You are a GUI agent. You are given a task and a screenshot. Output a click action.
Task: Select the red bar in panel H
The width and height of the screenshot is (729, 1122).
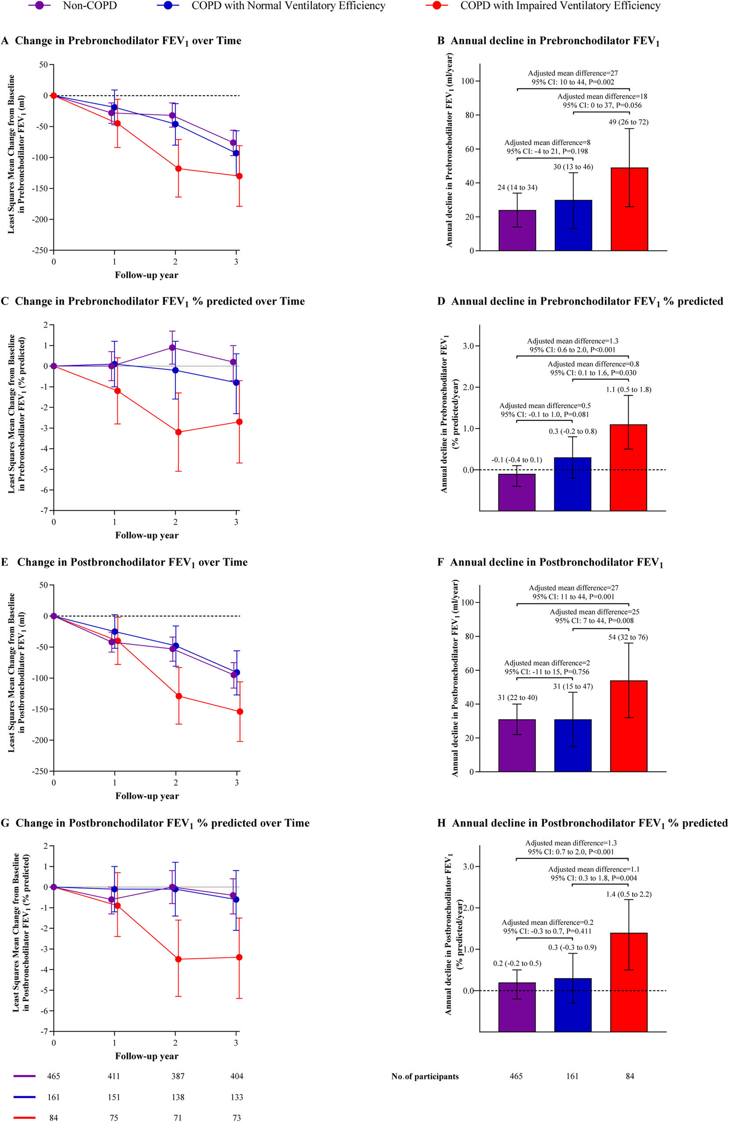pyautogui.click(x=629, y=976)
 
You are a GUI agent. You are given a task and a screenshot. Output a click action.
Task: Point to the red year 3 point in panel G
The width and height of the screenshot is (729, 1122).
pyautogui.click(x=239, y=957)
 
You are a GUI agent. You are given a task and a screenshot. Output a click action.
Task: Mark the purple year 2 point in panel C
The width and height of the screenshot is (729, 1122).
pyautogui.click(x=172, y=348)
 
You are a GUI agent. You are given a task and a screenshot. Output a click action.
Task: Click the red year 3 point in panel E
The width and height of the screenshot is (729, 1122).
pyautogui.click(x=239, y=711)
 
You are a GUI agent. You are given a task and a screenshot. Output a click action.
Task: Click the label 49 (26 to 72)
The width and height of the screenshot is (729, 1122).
pyautogui.click(x=628, y=122)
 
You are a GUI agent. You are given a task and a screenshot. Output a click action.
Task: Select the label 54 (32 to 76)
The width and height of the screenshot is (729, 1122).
pyautogui.click(x=628, y=637)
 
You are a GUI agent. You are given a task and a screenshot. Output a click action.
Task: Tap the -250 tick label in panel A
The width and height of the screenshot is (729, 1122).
pyautogui.click(x=40, y=250)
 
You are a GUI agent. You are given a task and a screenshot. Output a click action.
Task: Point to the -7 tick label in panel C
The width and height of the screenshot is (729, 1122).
pyautogui.click(x=44, y=510)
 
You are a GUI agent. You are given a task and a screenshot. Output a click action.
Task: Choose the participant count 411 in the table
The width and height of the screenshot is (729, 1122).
pyautogui.click(x=114, y=1076)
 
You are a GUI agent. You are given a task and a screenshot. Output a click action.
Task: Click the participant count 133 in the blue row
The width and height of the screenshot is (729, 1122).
pyautogui.click(x=237, y=1097)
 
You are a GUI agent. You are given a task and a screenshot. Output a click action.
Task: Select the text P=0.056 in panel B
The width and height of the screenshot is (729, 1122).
pyautogui.click(x=627, y=105)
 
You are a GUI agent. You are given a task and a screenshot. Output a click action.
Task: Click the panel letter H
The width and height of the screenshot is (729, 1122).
pyautogui.click(x=442, y=823)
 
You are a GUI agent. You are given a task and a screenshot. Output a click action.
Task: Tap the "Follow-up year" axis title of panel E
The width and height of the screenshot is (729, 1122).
pyautogui.click(x=147, y=796)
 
